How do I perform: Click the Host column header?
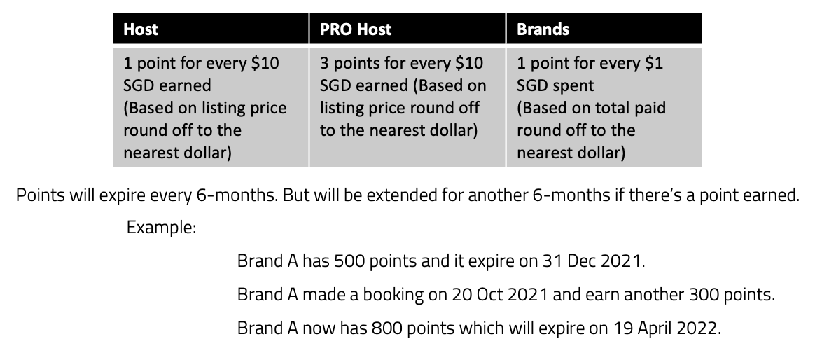click(x=141, y=29)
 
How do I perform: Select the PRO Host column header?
click(x=356, y=29)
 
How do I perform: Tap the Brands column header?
click(x=543, y=29)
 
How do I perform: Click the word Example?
click(x=161, y=228)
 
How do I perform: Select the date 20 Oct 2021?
click(x=500, y=294)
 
